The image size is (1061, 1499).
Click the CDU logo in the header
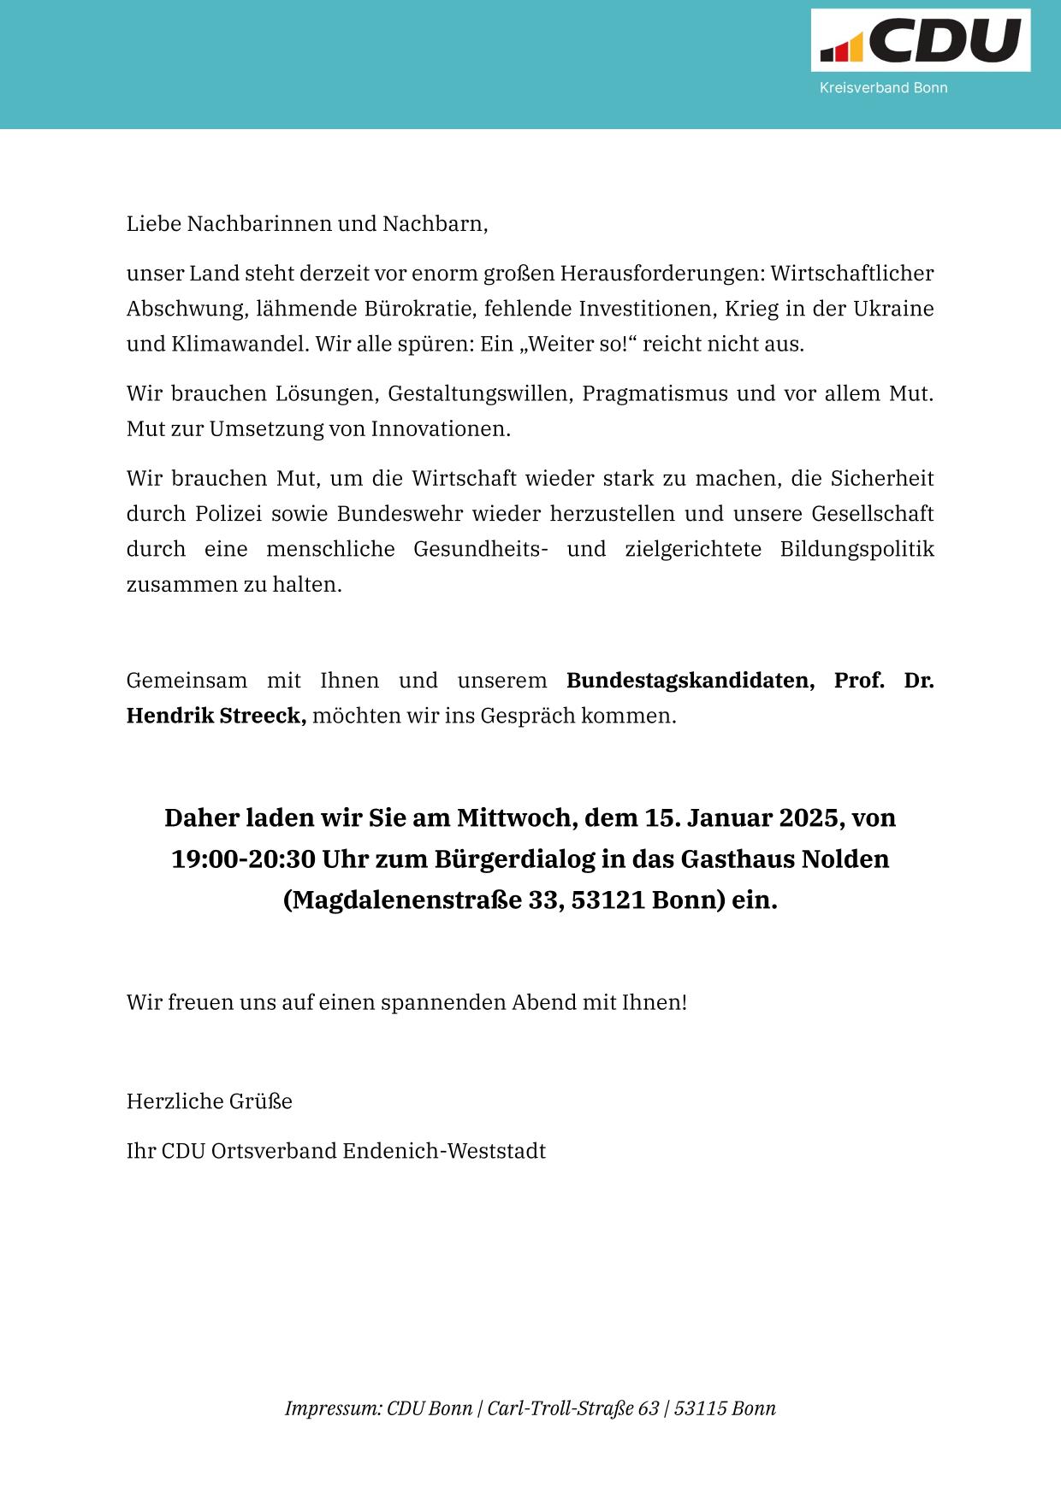pyautogui.click(x=921, y=41)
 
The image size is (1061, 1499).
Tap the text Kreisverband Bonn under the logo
pyautogui.click(x=883, y=88)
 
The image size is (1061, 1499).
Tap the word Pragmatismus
pyautogui.click(x=655, y=394)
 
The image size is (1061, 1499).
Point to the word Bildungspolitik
pyautogui.click(x=857, y=549)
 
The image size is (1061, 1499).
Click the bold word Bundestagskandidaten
pyautogui.click(x=690, y=681)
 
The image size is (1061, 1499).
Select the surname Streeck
pyautogui.click(x=259, y=716)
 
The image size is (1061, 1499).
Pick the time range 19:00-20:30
pyautogui.click(x=244, y=859)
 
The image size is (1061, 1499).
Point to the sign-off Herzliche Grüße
pyautogui.click(x=210, y=1101)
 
